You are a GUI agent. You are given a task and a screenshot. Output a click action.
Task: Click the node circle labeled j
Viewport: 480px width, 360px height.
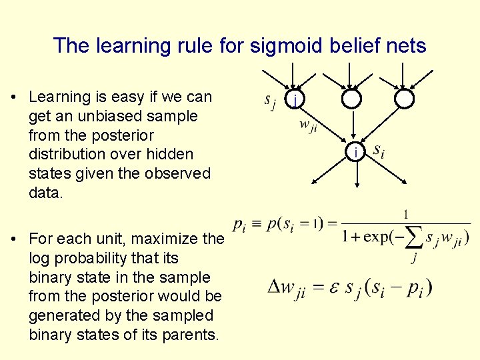pyautogui.click(x=295, y=99)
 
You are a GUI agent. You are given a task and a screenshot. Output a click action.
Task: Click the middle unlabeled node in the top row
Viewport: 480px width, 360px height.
pyautogui.click(x=351, y=99)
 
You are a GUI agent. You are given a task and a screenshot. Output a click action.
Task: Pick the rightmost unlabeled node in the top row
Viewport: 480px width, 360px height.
pyautogui.click(x=404, y=99)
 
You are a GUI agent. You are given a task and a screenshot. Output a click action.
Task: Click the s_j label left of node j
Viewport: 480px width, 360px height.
pyautogui.click(x=269, y=101)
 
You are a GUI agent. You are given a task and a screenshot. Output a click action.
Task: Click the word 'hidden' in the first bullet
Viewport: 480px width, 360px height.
pyautogui.click(x=171, y=155)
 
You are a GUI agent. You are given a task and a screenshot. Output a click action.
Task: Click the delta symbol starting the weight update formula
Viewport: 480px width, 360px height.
pyautogui.click(x=274, y=287)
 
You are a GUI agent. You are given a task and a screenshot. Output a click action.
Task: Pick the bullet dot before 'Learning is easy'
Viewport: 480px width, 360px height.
pyautogui.click(x=14, y=97)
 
